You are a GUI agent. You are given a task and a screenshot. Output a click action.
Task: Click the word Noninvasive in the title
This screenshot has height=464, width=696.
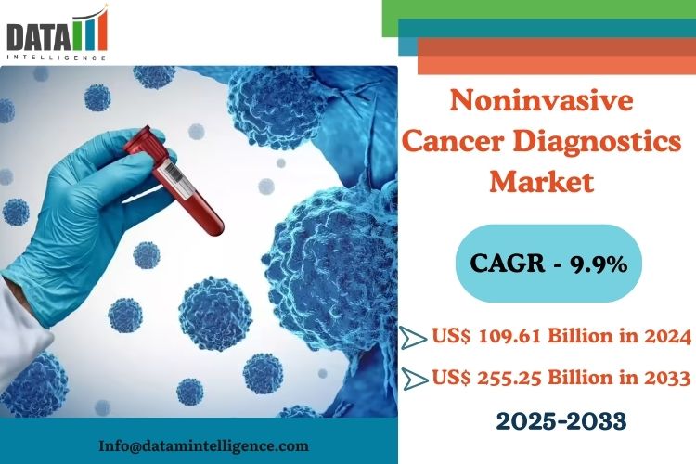click(542, 101)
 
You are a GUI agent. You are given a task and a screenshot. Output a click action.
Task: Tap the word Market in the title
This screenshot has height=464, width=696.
click(542, 182)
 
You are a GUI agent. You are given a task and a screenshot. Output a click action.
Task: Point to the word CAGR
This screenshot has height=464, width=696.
click(508, 264)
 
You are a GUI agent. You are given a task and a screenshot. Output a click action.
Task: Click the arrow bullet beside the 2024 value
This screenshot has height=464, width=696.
click(414, 338)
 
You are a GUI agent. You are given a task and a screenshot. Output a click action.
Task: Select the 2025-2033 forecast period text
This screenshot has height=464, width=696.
click(561, 421)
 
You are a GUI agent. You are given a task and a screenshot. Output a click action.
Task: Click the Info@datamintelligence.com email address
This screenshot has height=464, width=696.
click(204, 445)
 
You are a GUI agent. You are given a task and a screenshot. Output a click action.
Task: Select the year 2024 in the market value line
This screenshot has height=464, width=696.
click(668, 336)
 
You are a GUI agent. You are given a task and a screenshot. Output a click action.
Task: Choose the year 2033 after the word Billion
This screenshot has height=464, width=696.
click(668, 378)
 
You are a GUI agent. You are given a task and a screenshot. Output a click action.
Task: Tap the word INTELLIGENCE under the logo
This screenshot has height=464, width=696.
click(57, 58)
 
